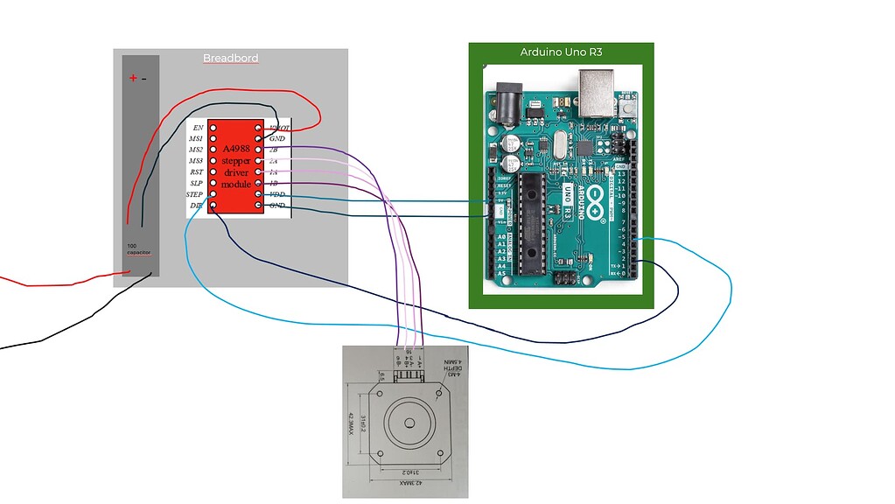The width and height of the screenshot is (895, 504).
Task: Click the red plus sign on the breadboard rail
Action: (x=133, y=78)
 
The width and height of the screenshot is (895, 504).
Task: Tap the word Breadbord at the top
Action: (x=230, y=59)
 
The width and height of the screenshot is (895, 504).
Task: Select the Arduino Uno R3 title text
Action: (x=561, y=52)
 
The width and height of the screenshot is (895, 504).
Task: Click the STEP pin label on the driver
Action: (x=194, y=194)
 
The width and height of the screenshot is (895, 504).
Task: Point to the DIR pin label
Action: (x=197, y=206)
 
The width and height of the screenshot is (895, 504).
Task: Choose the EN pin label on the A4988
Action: (x=198, y=128)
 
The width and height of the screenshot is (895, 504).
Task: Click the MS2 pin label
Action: (x=196, y=150)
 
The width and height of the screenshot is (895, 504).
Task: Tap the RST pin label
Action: (x=197, y=172)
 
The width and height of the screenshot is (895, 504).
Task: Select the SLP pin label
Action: (x=197, y=183)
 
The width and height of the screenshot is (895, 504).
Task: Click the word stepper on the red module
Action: (x=235, y=161)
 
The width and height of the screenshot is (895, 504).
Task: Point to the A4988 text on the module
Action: (x=236, y=150)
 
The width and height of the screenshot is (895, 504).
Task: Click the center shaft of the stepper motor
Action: (x=409, y=423)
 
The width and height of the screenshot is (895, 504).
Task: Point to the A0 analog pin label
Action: (x=500, y=236)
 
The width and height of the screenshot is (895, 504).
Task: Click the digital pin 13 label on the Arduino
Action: (x=622, y=174)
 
